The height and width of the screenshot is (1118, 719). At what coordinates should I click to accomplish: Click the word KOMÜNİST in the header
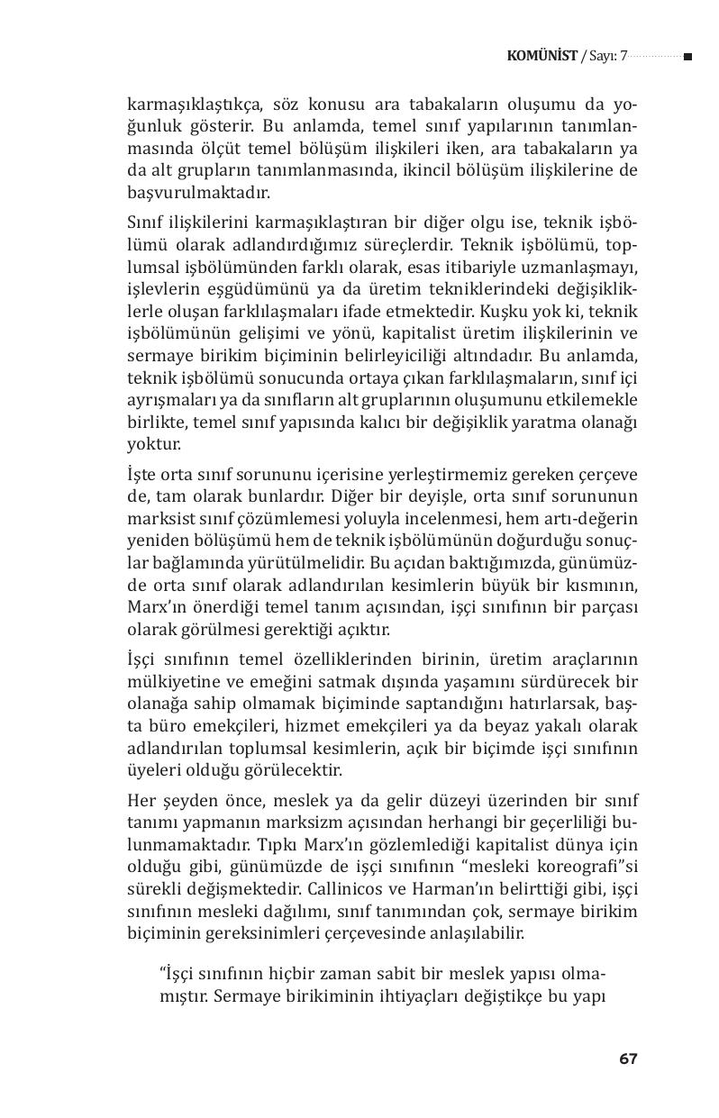[542, 56]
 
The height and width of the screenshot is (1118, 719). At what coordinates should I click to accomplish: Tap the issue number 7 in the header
[623, 56]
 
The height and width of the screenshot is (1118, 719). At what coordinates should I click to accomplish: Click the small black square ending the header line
[687, 57]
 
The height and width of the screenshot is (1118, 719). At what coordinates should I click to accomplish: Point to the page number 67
[628, 1059]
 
